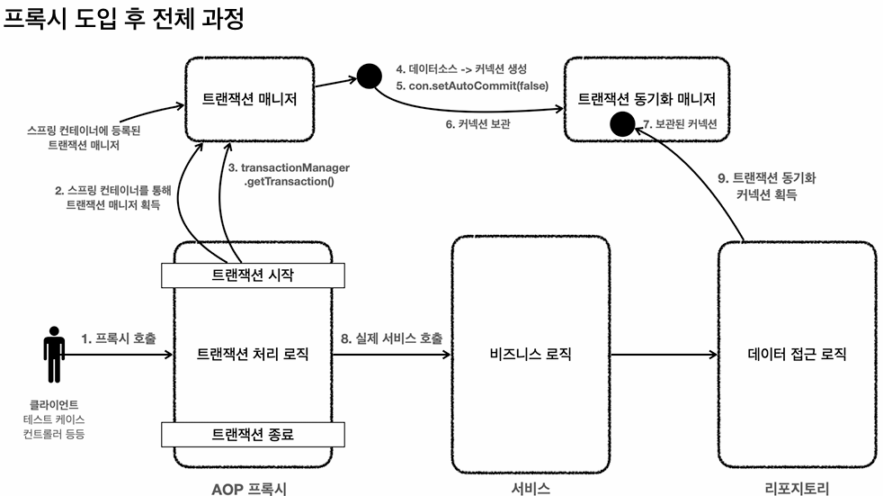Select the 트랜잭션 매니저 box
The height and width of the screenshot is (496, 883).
[247, 95]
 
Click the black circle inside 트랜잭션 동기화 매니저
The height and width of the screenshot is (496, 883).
[621, 123]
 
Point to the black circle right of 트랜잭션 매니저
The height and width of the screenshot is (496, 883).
[368, 75]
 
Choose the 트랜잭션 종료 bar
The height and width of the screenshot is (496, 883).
[252, 433]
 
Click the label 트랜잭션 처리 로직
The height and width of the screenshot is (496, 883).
[252, 354]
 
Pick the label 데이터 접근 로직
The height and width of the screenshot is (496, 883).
[798, 354]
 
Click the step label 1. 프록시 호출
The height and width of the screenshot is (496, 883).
[119, 338]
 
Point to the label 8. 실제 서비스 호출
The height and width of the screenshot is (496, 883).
[391, 338]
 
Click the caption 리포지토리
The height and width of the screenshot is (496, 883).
[798, 487]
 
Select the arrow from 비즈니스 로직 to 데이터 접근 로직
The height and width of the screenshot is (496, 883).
[664, 355]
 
